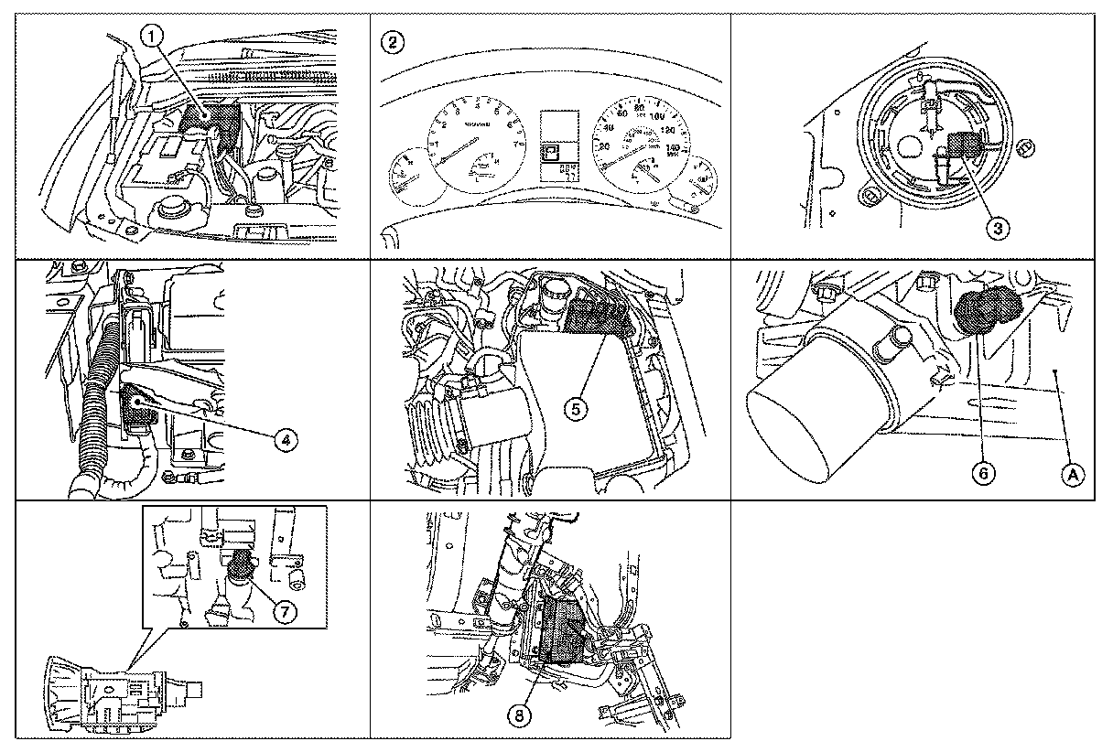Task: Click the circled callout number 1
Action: pos(153,35)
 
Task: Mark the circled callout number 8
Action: pos(521,717)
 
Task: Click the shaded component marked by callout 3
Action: pos(961,146)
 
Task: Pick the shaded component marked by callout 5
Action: pos(596,317)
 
